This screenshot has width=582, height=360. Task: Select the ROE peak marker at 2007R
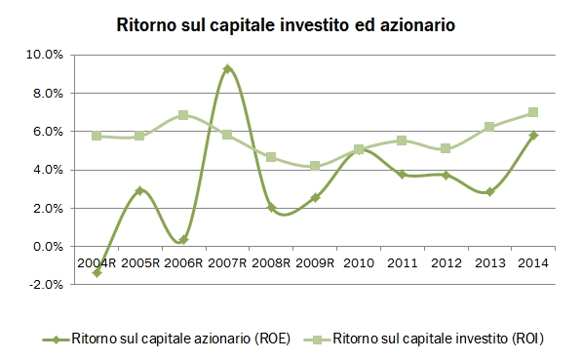[227, 69]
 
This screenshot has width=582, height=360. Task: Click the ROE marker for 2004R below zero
[97, 272]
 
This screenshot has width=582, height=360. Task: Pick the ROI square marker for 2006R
[183, 115]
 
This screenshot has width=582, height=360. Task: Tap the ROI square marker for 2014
[533, 112]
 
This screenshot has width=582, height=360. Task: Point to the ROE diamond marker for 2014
[533, 136]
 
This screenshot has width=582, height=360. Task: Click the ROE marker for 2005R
[139, 190]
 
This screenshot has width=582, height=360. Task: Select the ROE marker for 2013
[489, 192]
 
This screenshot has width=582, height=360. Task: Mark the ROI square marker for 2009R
[315, 166]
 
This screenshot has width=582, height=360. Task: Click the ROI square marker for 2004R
[97, 136]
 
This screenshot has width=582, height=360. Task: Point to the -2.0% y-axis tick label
[46, 285]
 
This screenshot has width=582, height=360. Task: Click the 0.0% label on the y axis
[48, 247]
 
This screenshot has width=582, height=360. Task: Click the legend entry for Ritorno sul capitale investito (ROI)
[433, 339]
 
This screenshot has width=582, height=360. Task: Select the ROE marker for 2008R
[271, 208]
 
